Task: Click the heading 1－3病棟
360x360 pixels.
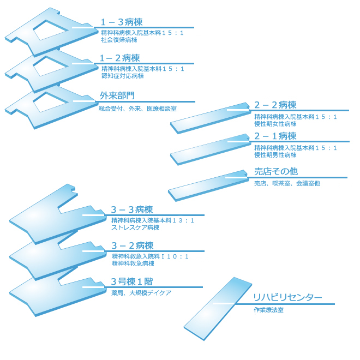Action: point(121,22)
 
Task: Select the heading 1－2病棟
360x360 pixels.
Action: point(119,58)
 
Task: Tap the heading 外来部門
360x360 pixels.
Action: point(117,95)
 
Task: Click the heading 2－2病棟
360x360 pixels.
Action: point(275,105)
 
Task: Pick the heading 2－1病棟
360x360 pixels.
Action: point(275,136)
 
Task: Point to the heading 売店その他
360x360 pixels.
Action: point(275,171)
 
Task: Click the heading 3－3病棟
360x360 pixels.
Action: point(131,209)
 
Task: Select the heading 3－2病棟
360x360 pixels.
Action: point(132,245)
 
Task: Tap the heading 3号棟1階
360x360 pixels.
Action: point(131,281)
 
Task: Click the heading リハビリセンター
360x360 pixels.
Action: point(287,298)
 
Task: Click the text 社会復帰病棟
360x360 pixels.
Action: point(119,40)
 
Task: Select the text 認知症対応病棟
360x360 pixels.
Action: point(122,76)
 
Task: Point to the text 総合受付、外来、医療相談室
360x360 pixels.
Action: point(137,109)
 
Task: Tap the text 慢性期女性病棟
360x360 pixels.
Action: point(275,124)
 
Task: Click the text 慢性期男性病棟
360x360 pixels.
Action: point(275,155)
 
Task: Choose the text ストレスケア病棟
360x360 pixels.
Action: point(135,227)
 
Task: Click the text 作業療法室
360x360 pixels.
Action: point(268,310)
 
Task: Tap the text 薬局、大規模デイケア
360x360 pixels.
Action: point(141,293)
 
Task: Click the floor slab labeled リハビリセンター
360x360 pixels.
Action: point(217,308)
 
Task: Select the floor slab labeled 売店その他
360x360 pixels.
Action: point(207,185)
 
